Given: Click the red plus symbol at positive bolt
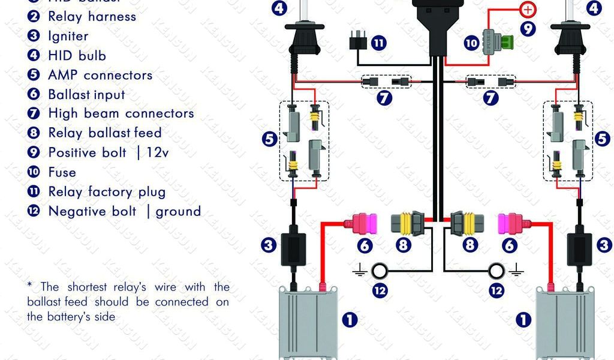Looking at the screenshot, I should (x=528, y=9).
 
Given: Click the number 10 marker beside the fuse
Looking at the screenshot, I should (x=471, y=43).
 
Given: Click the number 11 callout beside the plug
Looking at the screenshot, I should (x=378, y=43).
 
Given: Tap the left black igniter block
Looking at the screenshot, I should (x=293, y=245).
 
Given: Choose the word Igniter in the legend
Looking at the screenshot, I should (x=68, y=36).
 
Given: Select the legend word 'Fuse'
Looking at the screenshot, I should (x=62, y=172).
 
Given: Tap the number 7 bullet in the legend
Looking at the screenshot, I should (x=34, y=113).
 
